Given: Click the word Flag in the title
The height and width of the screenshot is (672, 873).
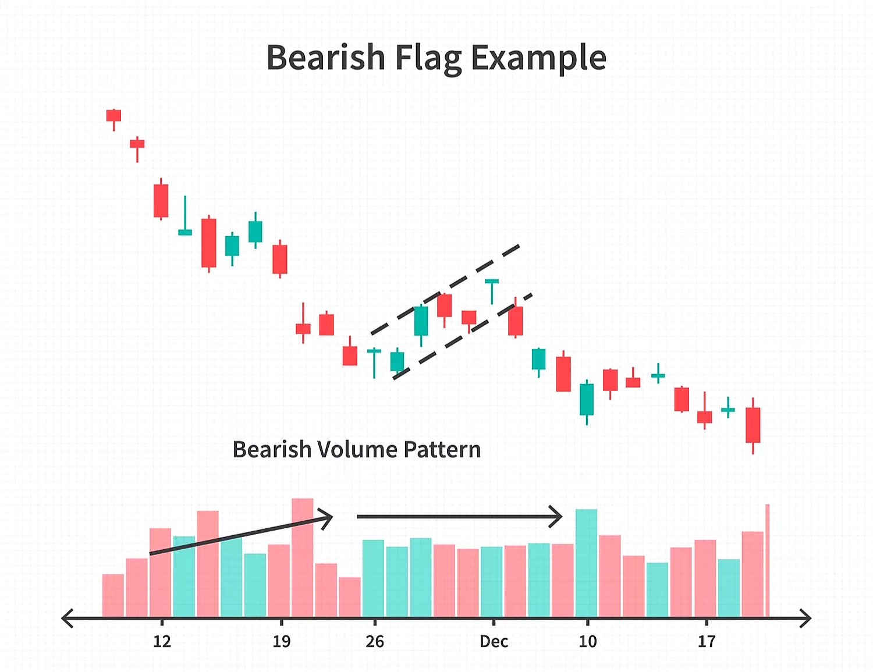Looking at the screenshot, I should pos(428,58).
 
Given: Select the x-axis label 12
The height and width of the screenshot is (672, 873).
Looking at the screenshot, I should pos(162,641).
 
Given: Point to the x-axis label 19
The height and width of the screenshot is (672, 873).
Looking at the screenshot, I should pos(282,641).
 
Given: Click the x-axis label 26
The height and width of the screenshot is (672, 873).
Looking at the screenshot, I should pos(375,641).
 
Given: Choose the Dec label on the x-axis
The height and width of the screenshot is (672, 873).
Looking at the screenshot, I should pos(494,641).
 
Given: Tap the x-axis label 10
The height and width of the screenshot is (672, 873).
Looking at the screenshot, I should pos(587,641).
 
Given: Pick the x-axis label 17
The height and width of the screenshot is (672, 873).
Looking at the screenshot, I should pos(707,641).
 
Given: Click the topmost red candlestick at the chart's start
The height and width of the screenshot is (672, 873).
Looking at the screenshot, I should pos(113,115).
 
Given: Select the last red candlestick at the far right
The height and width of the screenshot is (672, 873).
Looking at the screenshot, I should pos(753,425).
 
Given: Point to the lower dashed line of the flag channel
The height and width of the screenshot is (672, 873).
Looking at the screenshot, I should pos(463,336).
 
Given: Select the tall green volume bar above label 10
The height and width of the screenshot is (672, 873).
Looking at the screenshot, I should pos(586,561).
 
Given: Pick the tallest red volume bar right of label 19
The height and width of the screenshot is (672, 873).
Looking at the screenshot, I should pos(303,556).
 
